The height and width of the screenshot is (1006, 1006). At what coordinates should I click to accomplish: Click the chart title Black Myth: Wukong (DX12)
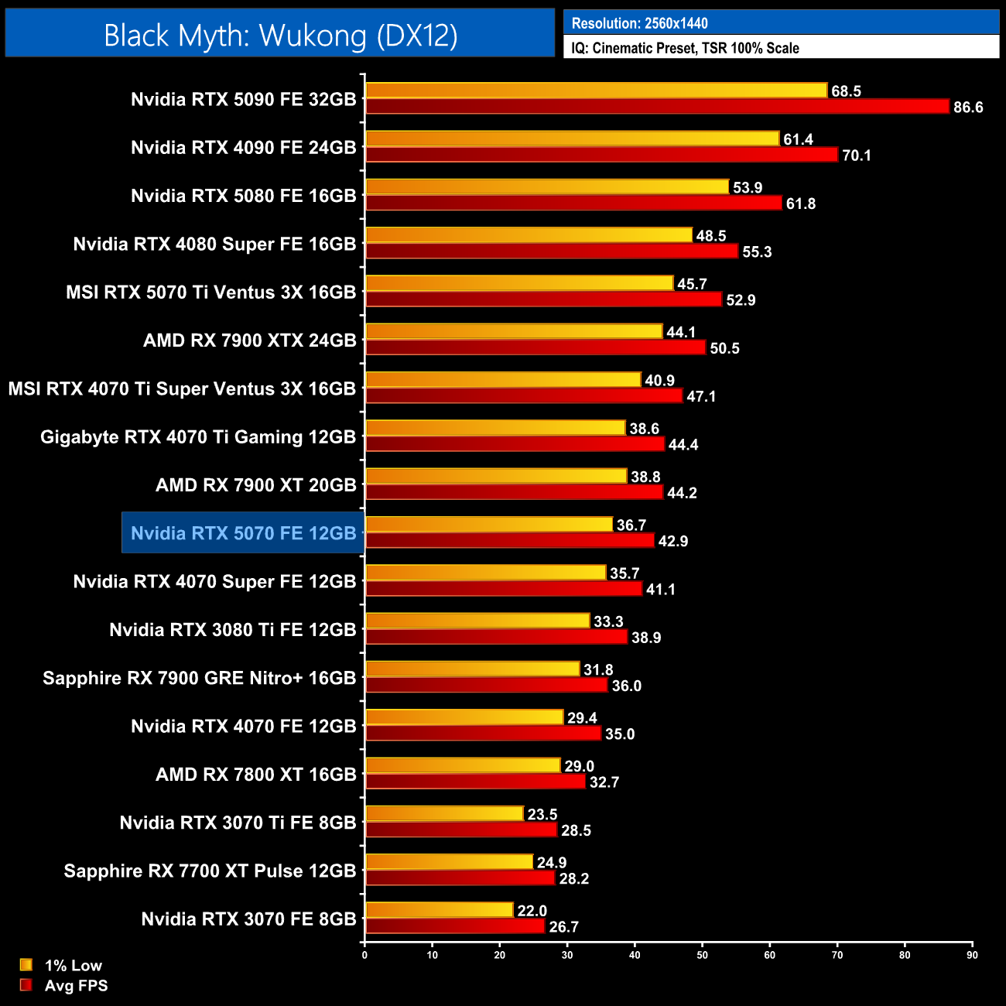(280, 35)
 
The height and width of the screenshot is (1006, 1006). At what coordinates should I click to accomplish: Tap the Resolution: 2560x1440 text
(639, 23)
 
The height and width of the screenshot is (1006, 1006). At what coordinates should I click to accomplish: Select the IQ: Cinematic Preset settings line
(685, 48)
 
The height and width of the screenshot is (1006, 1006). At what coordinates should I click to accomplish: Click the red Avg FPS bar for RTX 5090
(657, 107)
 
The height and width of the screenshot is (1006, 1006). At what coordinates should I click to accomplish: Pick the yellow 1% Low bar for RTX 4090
(572, 139)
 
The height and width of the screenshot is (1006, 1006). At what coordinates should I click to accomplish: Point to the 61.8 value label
(801, 204)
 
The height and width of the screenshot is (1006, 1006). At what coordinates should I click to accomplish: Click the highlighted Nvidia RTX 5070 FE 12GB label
(243, 533)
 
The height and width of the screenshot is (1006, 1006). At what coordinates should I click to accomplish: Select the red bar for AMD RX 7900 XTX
(536, 347)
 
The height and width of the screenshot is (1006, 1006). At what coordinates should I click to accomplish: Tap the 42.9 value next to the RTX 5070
(672, 541)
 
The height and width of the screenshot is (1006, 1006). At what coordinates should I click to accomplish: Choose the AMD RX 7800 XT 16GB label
(255, 775)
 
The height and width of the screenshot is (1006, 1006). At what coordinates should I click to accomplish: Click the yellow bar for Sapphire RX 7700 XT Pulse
(449, 862)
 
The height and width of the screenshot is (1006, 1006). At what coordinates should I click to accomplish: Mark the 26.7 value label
(563, 926)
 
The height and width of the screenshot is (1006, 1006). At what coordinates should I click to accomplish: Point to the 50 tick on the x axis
(702, 955)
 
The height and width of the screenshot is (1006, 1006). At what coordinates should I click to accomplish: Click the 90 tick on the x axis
(972, 955)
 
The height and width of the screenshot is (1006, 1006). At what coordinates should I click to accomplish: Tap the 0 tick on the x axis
(364, 955)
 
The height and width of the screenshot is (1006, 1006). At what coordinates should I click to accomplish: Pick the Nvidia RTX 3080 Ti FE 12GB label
(232, 630)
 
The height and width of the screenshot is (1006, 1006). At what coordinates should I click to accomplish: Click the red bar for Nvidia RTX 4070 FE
(483, 733)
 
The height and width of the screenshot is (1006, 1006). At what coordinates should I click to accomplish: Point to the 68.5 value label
(846, 91)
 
